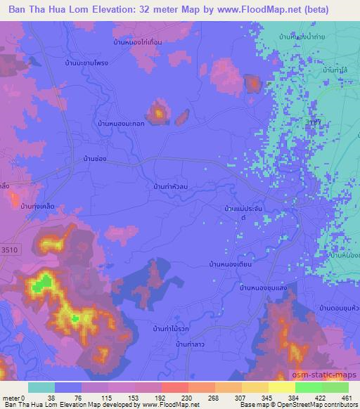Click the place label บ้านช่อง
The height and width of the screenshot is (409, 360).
(94, 159)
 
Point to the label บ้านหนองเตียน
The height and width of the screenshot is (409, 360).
(229, 264)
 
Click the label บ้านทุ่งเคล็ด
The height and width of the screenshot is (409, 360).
(38, 206)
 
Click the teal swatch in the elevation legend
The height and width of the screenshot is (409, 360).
(41, 387)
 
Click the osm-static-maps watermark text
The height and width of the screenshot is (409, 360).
(330, 376)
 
